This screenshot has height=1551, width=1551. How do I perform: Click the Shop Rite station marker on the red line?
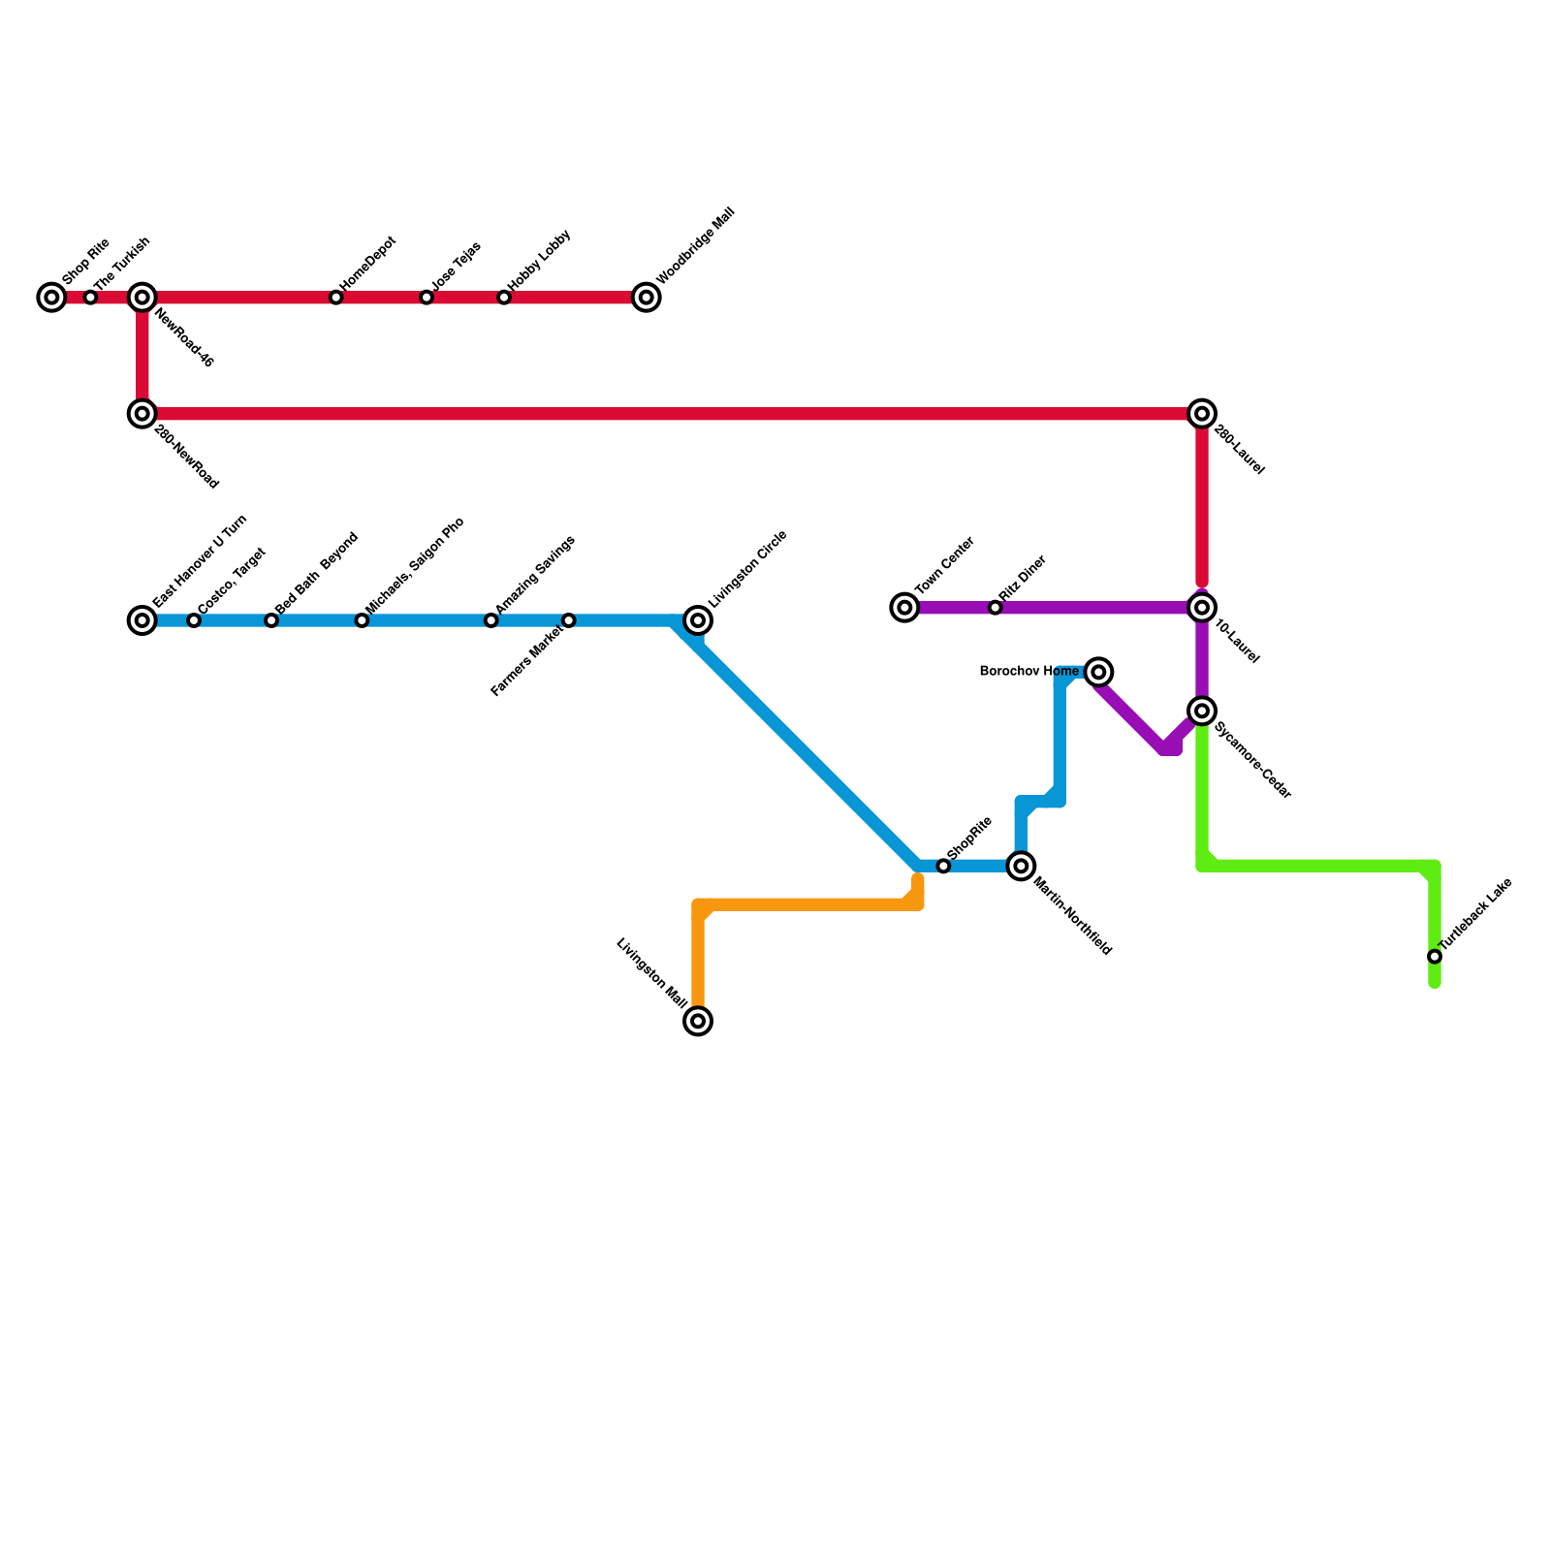pos(51,298)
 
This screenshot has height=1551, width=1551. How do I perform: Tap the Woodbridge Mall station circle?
pos(647,298)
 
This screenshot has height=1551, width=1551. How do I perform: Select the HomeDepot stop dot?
pos(335,298)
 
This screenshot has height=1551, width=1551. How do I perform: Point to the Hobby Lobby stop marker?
pos(504,298)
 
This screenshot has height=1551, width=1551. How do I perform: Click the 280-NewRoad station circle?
pos(142,414)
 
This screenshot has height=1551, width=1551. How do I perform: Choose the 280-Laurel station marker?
pos(1202,414)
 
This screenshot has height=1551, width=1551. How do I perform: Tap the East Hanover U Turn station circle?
pos(142,620)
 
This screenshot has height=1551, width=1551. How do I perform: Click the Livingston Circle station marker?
pos(698,620)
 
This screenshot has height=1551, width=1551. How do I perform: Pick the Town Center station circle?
pos(904,608)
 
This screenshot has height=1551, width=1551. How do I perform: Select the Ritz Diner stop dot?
pos(995,608)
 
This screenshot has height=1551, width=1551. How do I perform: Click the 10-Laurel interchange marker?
pos(1202,608)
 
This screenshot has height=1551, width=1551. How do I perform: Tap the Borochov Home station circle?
pos(1098,672)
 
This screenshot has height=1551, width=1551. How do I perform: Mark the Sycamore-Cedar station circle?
pos(1202,711)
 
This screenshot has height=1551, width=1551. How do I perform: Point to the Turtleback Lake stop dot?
pos(1435,957)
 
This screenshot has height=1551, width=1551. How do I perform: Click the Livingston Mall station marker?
pos(698,1021)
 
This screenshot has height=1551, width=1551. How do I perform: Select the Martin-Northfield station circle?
pos(1021,866)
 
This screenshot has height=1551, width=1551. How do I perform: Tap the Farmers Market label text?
pos(525,663)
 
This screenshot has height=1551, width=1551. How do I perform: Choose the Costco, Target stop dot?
pos(194,620)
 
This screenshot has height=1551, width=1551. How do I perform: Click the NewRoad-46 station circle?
pos(142,298)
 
